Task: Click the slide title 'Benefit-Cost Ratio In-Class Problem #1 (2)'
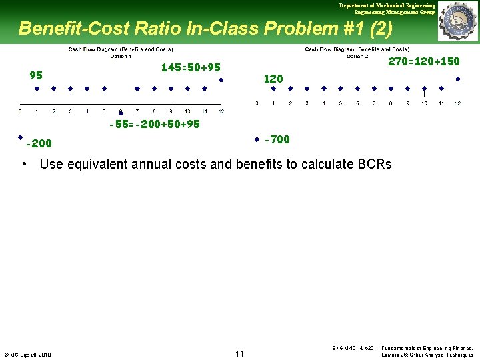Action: pos(205,29)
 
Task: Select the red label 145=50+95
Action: pos(191,67)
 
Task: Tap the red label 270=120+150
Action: pos(424,61)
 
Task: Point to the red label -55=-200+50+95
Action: pos(155,124)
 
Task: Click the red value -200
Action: pos(39,143)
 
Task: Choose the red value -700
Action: pos(277,139)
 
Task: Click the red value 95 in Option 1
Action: pos(36,75)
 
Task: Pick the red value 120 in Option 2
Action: pos(273,78)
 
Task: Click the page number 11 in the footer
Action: pos(240,353)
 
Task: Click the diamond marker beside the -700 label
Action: pos(257,140)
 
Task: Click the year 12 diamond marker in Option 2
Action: pos(457,79)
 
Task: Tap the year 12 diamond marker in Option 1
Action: pos(221,79)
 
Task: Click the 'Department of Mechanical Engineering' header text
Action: pos(387,5)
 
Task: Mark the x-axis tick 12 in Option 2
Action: pos(457,103)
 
